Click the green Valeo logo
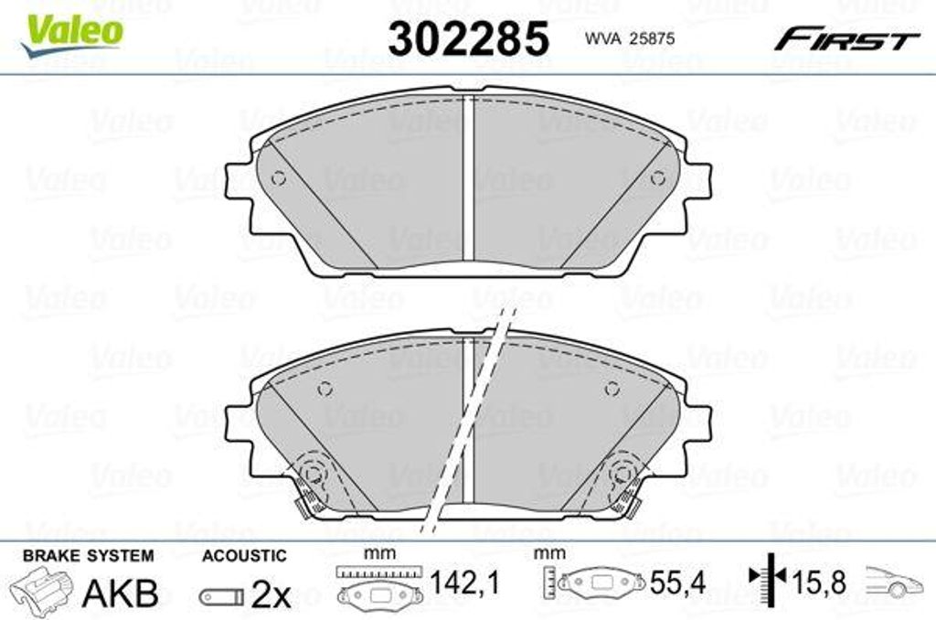pyautogui.click(x=71, y=35)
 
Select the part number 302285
pyautogui.click(x=468, y=38)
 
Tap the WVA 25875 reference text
pyautogui.click(x=629, y=38)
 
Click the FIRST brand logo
pyautogui.click(x=847, y=39)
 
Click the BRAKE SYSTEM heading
pyautogui.click(x=89, y=556)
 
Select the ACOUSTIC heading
pyautogui.click(x=244, y=556)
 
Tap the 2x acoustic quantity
pyautogui.click(x=271, y=593)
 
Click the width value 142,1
pyautogui.click(x=464, y=582)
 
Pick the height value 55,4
pyautogui.click(x=677, y=582)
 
